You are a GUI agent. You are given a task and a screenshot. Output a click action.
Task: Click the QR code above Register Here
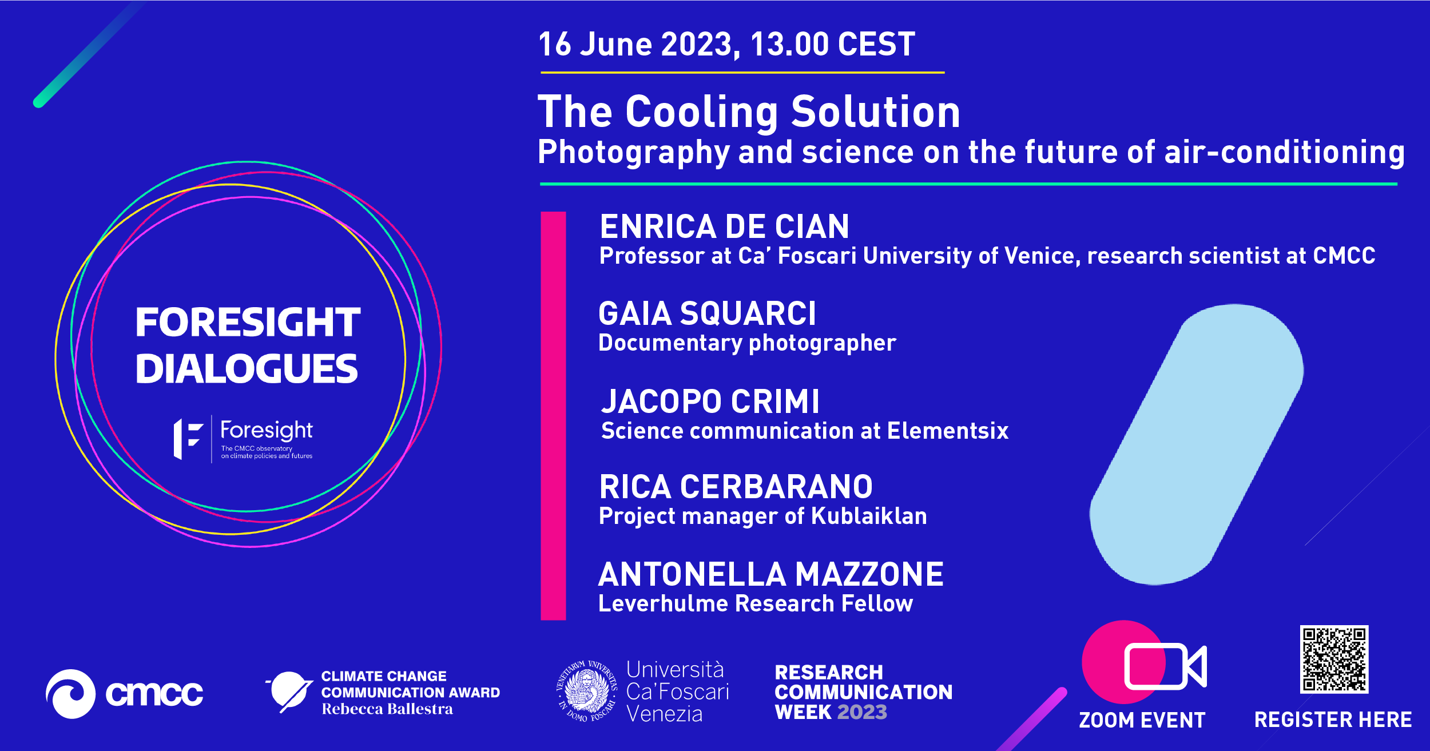(1334, 659)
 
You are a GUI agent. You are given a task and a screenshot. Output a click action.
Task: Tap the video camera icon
(1165, 666)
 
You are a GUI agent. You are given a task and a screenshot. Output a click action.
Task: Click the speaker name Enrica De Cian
(724, 227)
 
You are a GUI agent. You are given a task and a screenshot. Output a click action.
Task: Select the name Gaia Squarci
(707, 313)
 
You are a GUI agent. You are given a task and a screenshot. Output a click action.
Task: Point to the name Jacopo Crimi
(710, 401)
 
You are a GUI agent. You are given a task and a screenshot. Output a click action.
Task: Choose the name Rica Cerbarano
(736, 487)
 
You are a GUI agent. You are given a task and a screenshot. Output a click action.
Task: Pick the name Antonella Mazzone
(770, 574)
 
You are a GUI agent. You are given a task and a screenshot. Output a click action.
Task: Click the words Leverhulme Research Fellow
(756, 604)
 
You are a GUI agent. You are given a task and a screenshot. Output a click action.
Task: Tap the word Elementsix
(948, 431)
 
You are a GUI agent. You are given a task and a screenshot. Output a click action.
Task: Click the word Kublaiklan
(869, 516)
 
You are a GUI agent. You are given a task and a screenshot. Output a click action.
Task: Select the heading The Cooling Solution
(749, 112)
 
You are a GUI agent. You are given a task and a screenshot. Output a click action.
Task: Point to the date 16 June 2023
(639, 44)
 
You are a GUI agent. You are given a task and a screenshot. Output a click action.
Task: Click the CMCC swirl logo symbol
(71, 694)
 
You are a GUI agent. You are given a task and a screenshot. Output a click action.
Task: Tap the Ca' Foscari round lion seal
(587, 691)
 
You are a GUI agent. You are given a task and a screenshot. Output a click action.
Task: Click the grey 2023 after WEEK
(862, 712)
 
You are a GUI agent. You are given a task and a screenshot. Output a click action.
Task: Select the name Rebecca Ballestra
(387, 709)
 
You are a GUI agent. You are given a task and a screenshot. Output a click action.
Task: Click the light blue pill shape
(1197, 444)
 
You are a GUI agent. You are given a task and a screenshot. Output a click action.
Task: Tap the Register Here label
(1333, 720)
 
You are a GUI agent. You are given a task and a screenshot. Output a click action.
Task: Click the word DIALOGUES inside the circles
(247, 369)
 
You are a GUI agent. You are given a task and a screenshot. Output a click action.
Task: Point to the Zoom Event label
(1142, 720)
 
